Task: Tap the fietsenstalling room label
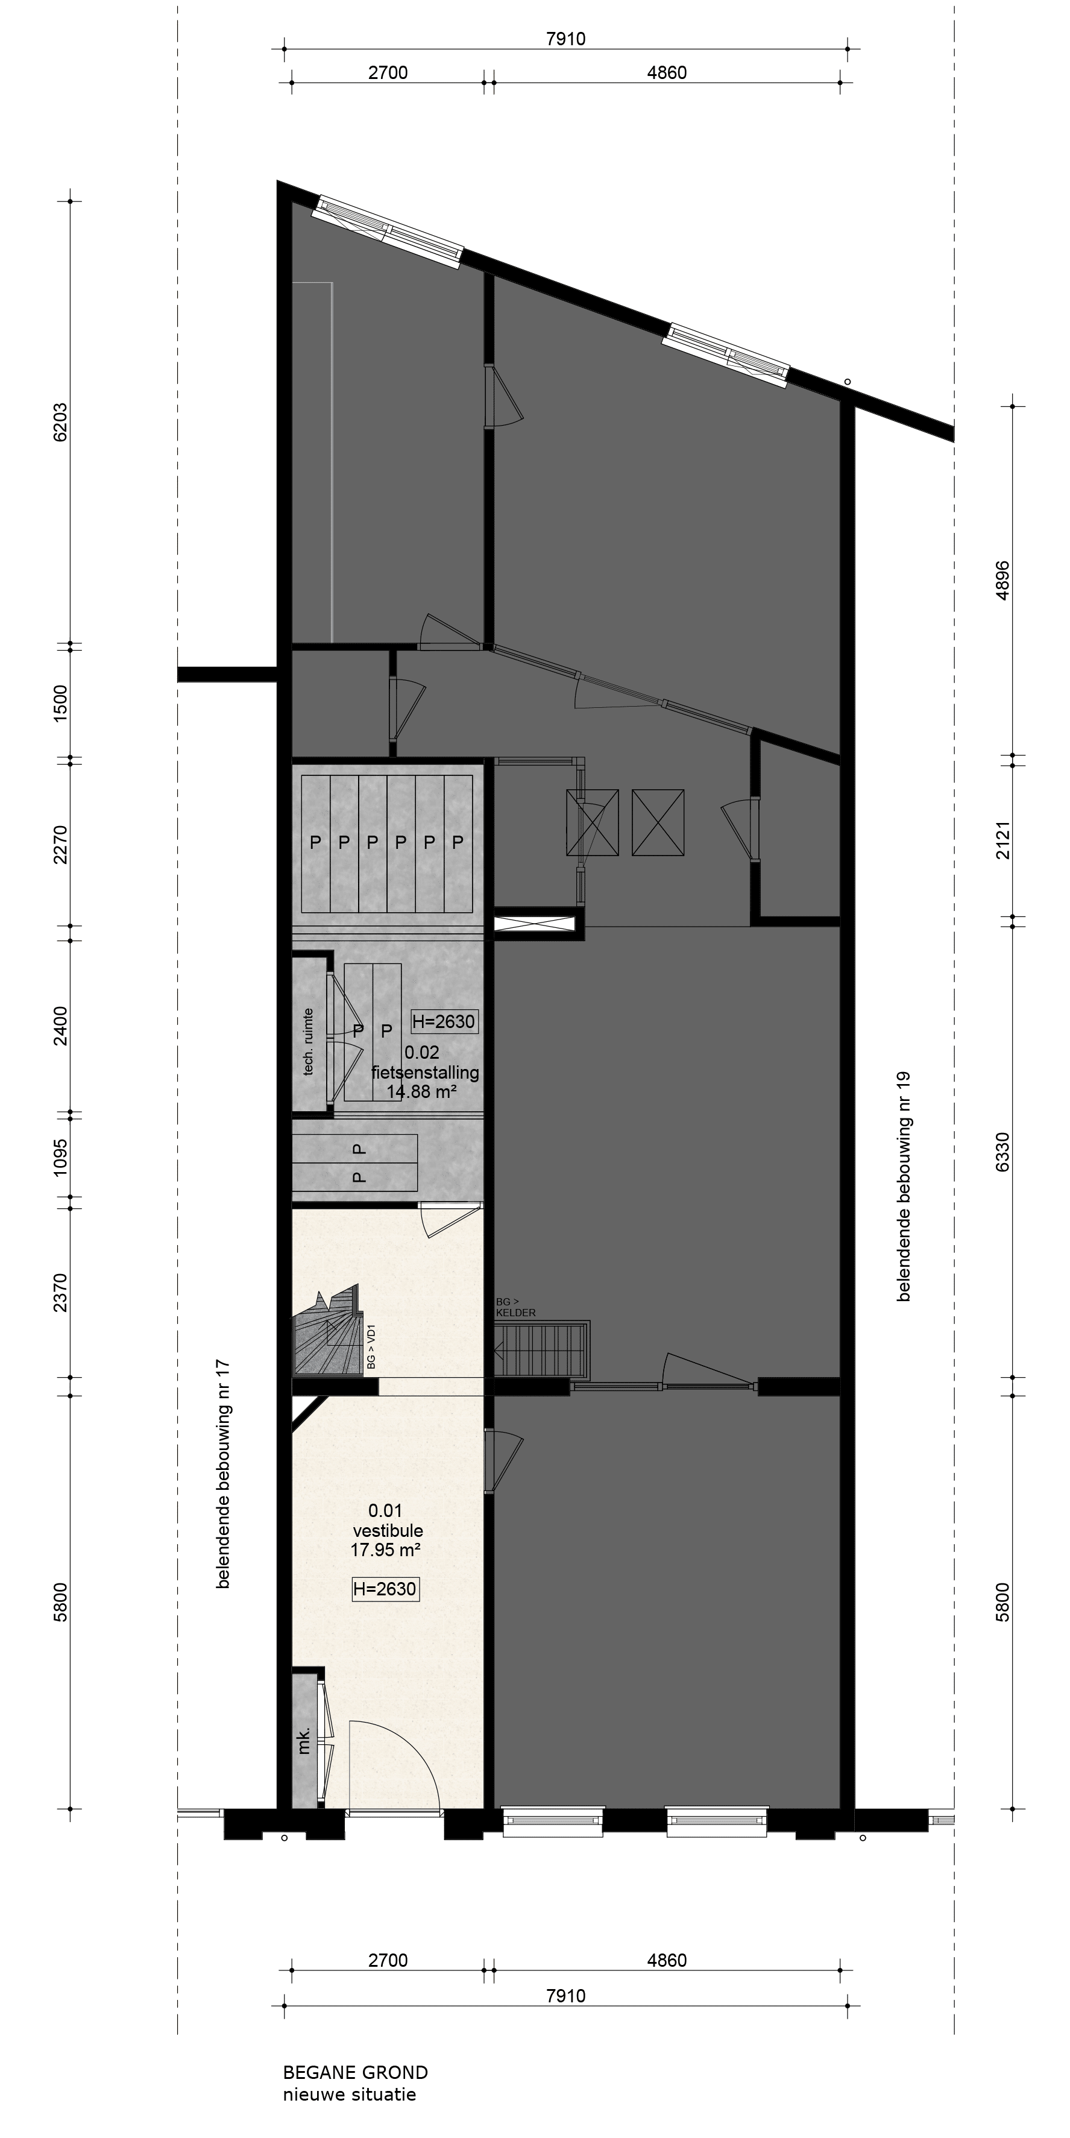pyautogui.click(x=425, y=1073)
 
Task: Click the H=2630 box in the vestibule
pyautogui.click(x=385, y=1589)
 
